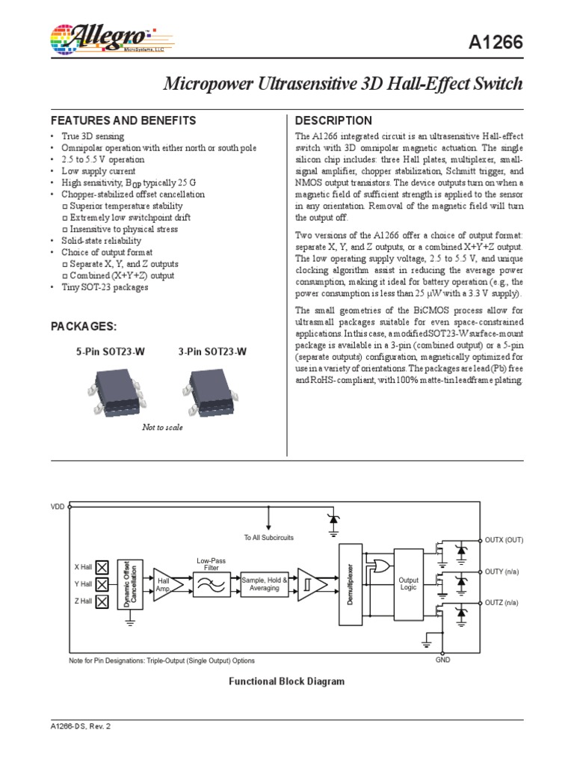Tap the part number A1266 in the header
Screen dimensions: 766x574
click(496, 44)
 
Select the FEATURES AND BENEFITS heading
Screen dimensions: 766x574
click(123, 120)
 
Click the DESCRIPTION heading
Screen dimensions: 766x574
click(333, 120)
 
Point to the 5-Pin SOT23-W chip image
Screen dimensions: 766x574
click(117, 393)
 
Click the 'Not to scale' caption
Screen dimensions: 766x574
click(162, 428)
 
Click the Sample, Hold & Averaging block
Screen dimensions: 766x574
click(264, 584)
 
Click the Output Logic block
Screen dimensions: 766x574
click(408, 584)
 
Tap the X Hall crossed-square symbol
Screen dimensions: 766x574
click(102, 567)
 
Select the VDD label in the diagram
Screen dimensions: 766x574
click(58, 507)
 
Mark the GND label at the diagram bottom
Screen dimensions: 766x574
click(442, 661)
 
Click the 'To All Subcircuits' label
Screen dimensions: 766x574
click(269, 537)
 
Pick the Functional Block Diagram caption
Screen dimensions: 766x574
click(286, 681)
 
